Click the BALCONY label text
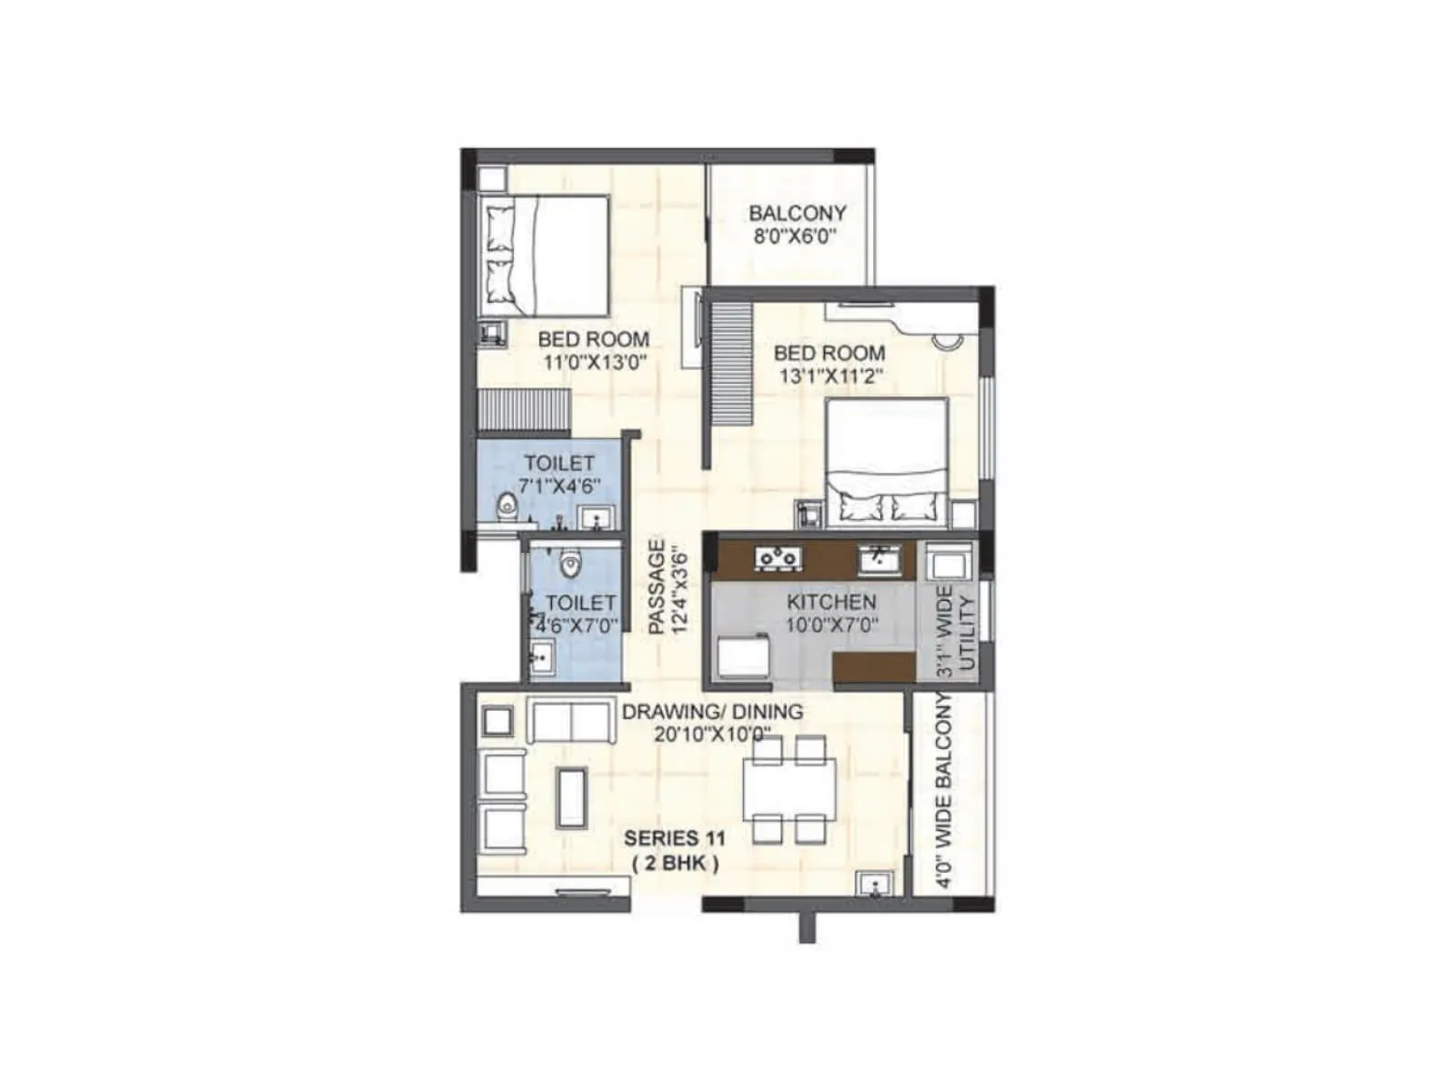[798, 213]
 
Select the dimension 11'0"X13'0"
[594, 362]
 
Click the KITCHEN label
[831, 602]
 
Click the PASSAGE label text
[657, 587]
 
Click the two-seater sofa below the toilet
[570, 721]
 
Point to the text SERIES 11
[675, 837]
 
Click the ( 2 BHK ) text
[675, 864]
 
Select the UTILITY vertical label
[967, 633]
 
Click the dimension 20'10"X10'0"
[712, 734]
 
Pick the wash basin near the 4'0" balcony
[874, 885]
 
